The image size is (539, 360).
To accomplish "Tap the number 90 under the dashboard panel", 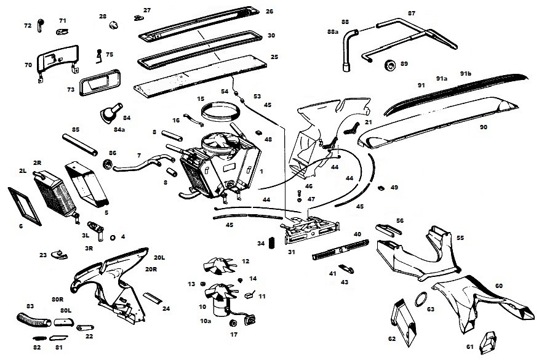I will (483, 127).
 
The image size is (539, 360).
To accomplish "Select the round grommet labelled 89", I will (389, 65).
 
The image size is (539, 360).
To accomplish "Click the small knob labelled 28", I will (113, 25).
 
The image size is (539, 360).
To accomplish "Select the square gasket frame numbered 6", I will (25, 204).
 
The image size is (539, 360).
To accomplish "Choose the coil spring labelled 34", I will (261, 244).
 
